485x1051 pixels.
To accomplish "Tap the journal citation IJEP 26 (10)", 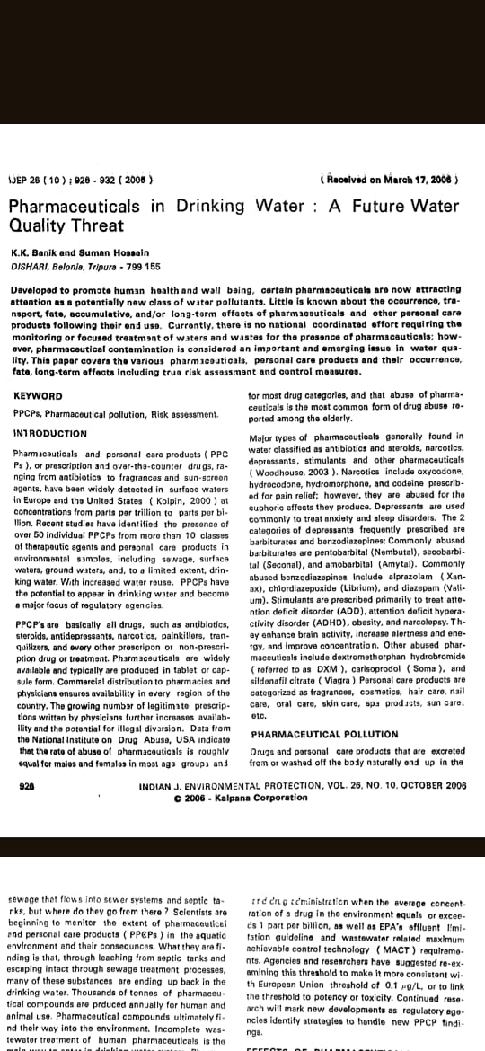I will [36, 179].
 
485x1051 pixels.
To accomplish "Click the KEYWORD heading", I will [39, 395].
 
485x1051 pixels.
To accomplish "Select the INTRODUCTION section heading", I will [50, 433].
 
